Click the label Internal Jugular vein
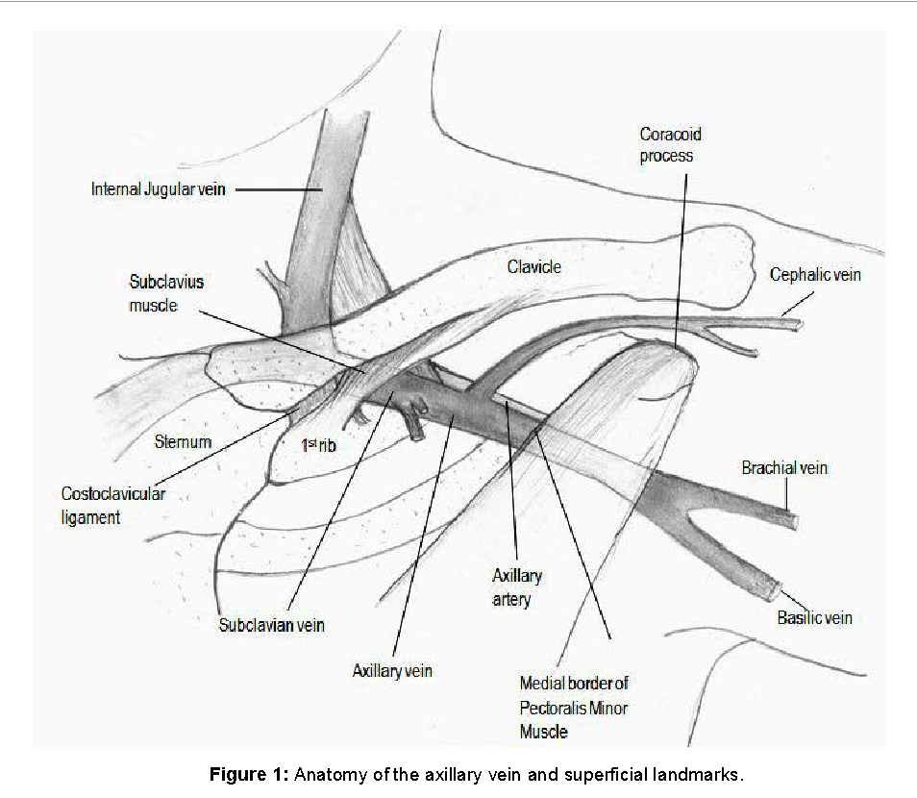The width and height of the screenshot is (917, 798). (x=159, y=189)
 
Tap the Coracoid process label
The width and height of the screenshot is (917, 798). (x=670, y=144)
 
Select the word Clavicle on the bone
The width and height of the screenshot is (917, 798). (x=533, y=267)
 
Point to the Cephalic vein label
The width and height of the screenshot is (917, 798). (x=815, y=275)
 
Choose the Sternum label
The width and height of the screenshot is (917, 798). (x=183, y=442)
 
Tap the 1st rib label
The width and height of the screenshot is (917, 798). (x=317, y=445)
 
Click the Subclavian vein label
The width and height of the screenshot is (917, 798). (x=272, y=625)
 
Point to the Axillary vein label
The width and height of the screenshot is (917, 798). (x=392, y=670)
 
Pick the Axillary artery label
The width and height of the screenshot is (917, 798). (x=517, y=587)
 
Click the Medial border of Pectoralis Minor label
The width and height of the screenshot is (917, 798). (x=573, y=707)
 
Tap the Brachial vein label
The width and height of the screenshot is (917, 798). (x=784, y=468)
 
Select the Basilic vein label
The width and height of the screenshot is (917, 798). (x=814, y=617)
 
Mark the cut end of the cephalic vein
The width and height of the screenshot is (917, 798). (x=799, y=325)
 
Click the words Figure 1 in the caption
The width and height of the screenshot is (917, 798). (x=248, y=775)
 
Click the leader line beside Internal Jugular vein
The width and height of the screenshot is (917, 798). (x=279, y=189)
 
